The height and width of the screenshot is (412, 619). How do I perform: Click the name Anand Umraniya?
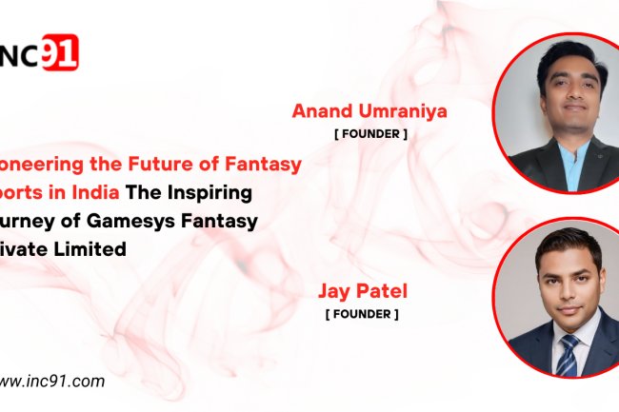coord(370,112)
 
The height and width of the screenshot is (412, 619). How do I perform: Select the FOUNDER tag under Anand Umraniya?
coord(370,134)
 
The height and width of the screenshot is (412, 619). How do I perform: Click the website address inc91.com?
coord(52,382)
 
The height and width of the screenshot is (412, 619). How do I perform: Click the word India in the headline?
coord(97,193)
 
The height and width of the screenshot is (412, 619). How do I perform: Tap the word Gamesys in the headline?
coord(132,222)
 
